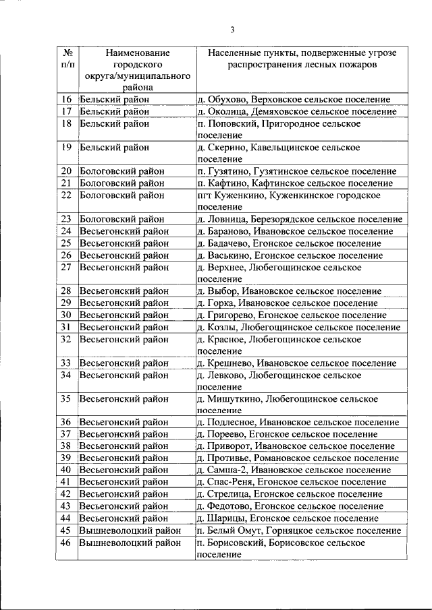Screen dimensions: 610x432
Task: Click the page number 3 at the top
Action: pyautogui.click(x=232, y=29)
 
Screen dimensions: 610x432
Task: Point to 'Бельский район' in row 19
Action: pyautogui.click(x=114, y=147)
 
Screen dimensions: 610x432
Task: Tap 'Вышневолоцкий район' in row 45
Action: pyautogui.click(x=130, y=530)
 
